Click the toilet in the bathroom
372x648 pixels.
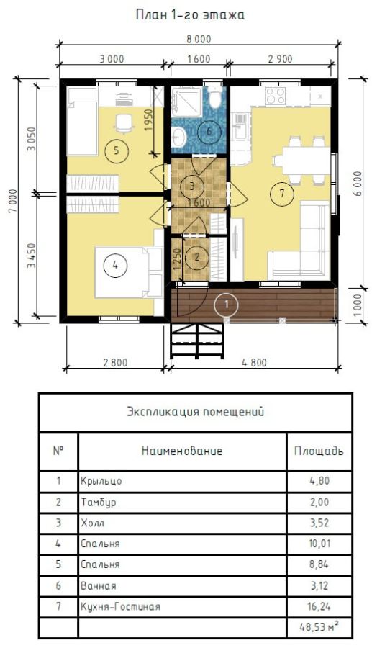(214, 97)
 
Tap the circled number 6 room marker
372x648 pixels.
(209, 132)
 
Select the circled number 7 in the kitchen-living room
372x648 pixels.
(282, 194)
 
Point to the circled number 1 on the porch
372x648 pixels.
(226, 304)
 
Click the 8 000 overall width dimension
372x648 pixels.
(199, 40)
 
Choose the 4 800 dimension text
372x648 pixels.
(254, 364)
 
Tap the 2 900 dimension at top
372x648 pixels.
(280, 59)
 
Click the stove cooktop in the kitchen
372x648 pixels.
(276, 96)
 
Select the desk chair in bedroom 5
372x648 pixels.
(124, 124)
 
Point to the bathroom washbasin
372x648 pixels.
(179, 138)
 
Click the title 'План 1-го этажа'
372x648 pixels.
(190, 15)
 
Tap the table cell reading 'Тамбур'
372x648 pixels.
(99, 502)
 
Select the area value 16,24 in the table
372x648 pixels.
(319, 606)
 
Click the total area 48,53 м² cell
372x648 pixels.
(319, 627)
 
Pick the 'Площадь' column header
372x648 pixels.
(318, 450)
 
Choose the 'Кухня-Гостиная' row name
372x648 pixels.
(121, 606)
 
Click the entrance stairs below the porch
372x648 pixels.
(197, 341)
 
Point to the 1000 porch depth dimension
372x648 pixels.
(358, 304)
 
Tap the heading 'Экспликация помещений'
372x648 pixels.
(195, 412)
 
